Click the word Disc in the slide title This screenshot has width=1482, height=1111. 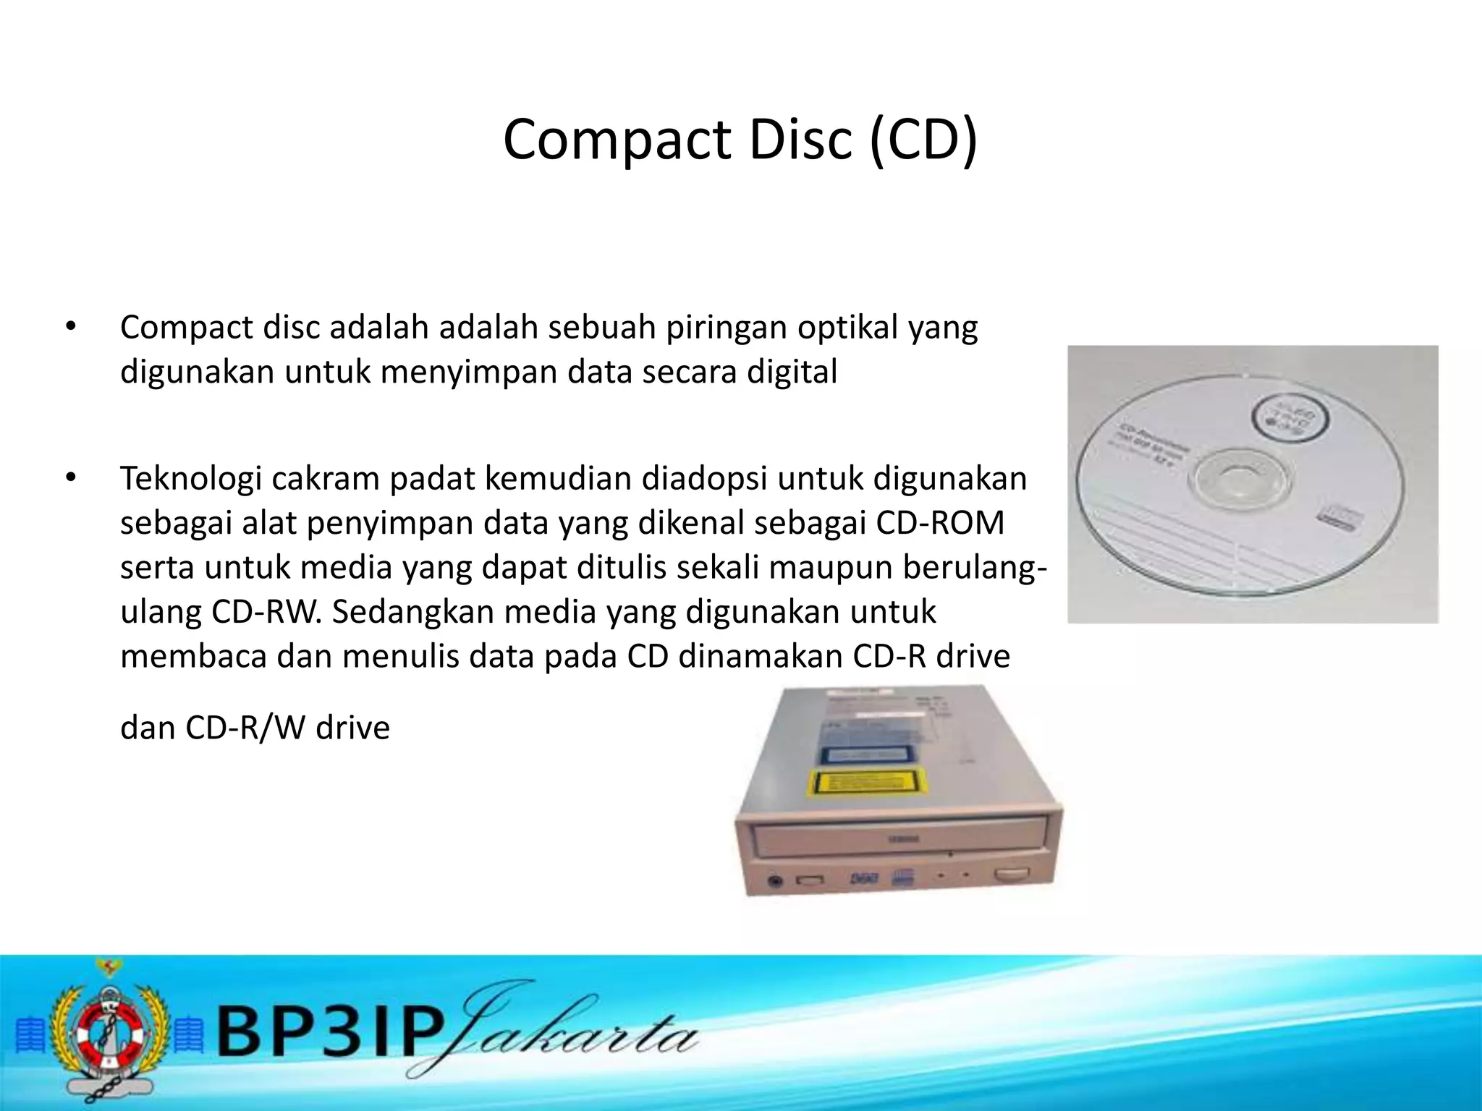click(x=800, y=140)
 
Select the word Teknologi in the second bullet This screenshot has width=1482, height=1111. click(x=190, y=479)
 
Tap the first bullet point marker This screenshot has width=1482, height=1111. click(x=70, y=327)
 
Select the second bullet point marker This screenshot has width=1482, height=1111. click(x=70, y=478)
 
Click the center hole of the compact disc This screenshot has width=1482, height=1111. click(x=1239, y=480)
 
